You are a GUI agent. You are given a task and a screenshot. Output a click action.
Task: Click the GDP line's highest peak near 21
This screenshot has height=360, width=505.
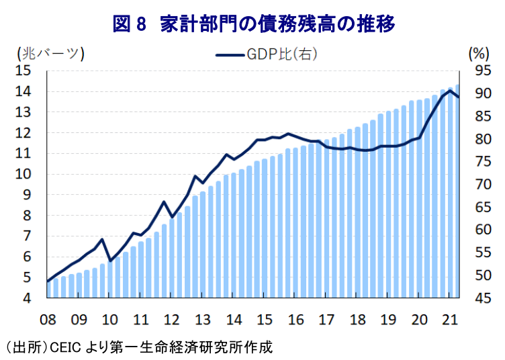click(450, 90)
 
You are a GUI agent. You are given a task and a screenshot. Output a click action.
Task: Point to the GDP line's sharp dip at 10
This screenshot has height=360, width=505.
click(109, 261)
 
